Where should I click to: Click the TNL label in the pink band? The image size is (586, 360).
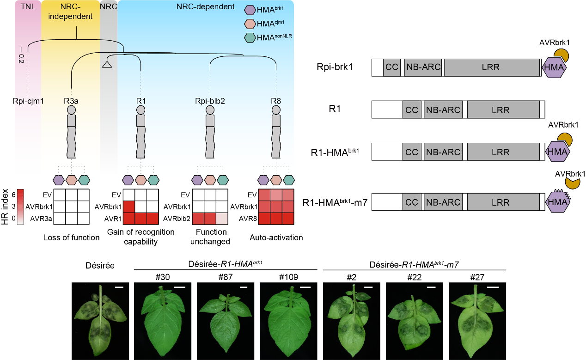point(28,6)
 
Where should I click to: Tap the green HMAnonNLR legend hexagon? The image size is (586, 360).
point(250,37)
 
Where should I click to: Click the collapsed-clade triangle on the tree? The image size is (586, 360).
point(107,64)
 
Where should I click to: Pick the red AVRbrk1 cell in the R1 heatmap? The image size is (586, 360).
point(129,207)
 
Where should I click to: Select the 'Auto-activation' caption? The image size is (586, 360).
point(276,238)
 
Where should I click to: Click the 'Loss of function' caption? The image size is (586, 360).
point(71,238)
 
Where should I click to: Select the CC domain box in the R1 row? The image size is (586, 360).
point(411,110)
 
